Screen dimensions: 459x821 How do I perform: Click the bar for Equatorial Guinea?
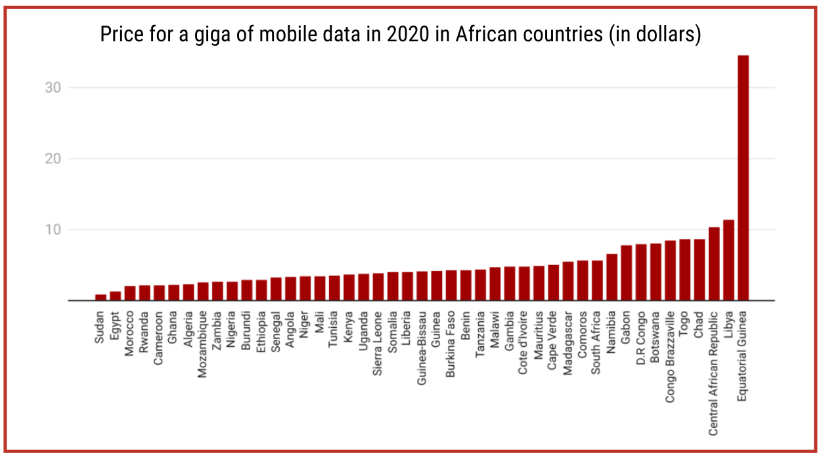(743, 177)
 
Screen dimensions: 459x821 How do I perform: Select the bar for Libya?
(728, 260)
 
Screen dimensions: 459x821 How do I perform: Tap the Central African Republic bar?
(714, 264)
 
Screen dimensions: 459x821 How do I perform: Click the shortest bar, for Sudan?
(100, 297)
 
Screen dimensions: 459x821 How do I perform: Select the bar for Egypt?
(115, 296)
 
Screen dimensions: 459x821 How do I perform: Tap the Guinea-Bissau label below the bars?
(422, 346)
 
